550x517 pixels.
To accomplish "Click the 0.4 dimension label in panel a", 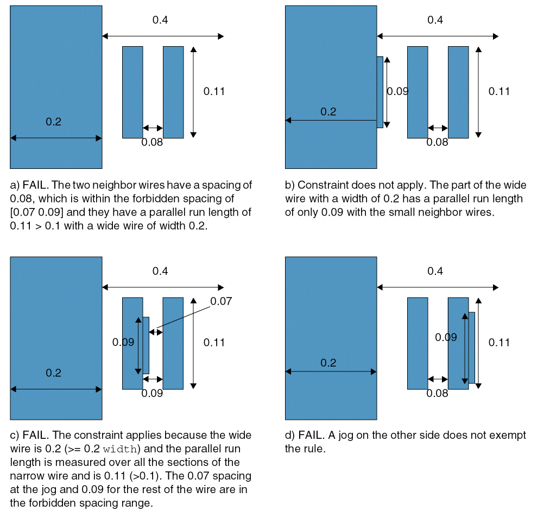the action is tap(160, 20).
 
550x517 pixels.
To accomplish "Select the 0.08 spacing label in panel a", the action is tap(152, 142).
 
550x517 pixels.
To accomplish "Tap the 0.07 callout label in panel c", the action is tap(221, 301).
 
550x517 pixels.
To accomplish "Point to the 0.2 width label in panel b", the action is tap(328, 111).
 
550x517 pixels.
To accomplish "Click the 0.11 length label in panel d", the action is tap(499, 342).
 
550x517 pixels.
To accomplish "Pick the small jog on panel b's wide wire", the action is tap(380, 92).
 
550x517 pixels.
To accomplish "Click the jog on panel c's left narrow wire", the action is tap(146, 345).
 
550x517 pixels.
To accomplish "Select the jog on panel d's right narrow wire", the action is tap(471, 348).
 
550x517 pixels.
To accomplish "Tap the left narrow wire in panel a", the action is tap(132, 92).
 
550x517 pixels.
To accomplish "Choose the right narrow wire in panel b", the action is tap(458, 92).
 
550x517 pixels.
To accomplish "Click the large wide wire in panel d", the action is tap(331, 338).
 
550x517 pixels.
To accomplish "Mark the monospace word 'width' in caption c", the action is tap(120, 449).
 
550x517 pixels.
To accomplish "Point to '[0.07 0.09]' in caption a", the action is tap(36, 212).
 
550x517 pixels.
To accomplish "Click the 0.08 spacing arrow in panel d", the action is tap(438, 379).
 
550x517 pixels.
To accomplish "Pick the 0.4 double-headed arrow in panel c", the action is tap(163, 288).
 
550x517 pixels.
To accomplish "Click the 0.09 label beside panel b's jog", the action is tap(398, 91).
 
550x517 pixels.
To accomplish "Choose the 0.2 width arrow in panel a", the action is tap(56, 138).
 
